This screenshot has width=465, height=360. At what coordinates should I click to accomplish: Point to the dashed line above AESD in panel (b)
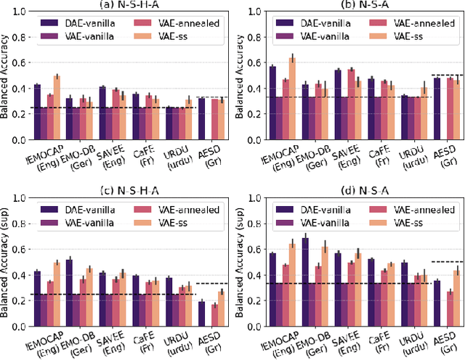tap(447, 75)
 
